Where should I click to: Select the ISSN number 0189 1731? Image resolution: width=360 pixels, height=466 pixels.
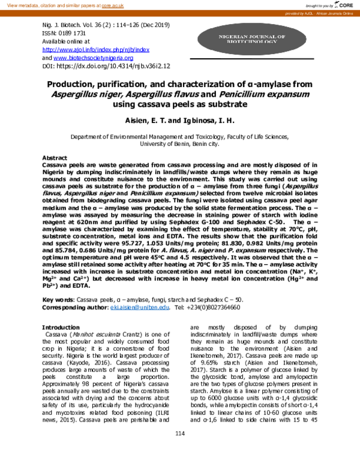[68, 34]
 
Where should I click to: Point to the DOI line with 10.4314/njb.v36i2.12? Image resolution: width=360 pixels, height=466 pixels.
[106, 67]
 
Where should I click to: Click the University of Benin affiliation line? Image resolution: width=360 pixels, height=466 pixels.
[179, 144]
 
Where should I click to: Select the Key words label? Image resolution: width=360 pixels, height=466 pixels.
[58, 298]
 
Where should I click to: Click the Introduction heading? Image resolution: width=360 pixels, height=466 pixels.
[60, 327]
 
